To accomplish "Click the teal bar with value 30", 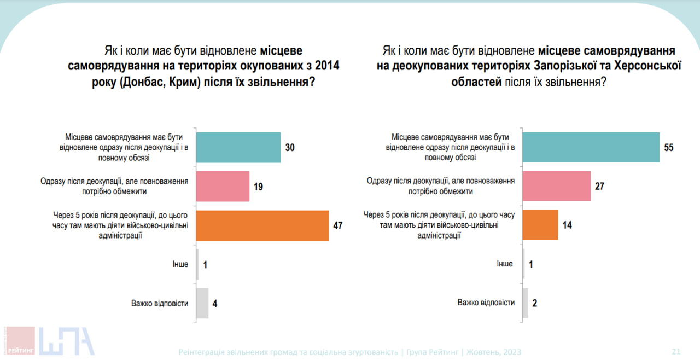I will [x=238, y=147].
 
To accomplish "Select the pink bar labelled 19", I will [x=223, y=187].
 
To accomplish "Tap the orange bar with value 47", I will [x=262, y=225].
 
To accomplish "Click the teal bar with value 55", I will [x=591, y=147].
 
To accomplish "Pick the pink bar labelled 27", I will [x=557, y=187].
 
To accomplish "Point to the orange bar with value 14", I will [x=540, y=225].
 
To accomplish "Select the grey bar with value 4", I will [x=202, y=303].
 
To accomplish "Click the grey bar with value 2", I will [x=526, y=303].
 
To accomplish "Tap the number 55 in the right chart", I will [x=669, y=148].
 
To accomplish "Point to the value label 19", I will [x=258, y=187].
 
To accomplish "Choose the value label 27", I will [x=599, y=187].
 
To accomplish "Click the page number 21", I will [x=676, y=352].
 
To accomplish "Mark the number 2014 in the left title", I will [x=327, y=66].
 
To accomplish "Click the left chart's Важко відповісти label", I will [x=160, y=303].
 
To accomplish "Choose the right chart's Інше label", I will [x=505, y=264].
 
